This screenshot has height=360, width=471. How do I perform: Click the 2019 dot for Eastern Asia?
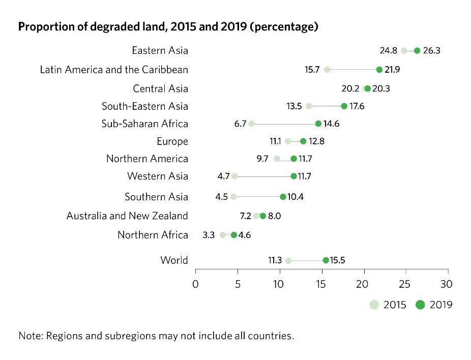[x=417, y=50]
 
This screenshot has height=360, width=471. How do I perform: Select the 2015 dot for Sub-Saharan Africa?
[x=252, y=124]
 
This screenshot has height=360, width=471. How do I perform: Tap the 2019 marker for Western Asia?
[x=293, y=176]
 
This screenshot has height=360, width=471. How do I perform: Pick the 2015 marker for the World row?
[x=288, y=261]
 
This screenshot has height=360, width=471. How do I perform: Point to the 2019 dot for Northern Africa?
[x=234, y=235]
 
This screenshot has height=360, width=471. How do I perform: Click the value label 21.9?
[x=392, y=70]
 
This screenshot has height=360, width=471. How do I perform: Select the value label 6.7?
[x=240, y=124]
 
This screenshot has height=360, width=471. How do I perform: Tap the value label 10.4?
[x=296, y=197]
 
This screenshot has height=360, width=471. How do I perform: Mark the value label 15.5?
[x=339, y=260]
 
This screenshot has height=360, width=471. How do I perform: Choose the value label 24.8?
[x=390, y=50]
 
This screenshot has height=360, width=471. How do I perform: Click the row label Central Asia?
[x=160, y=89]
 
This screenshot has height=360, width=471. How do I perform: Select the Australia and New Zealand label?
[x=127, y=216]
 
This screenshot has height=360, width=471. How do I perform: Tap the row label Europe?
[x=172, y=141]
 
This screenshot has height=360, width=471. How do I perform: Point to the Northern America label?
[x=147, y=159]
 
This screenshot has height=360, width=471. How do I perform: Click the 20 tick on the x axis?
[x=364, y=283]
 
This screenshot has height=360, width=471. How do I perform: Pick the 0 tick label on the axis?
[x=195, y=283]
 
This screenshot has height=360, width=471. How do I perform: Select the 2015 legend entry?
[x=388, y=305]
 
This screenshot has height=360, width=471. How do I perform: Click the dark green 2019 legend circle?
[x=420, y=305]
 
